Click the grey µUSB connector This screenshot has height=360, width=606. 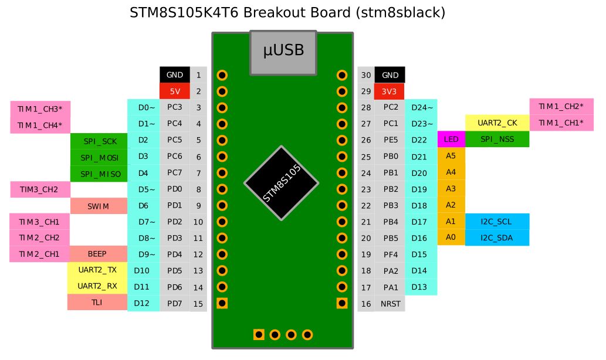coord(283,52)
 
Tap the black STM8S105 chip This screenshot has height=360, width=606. coord(282,184)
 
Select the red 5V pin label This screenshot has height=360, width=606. coord(175,91)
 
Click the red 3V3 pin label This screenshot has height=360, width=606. coord(390,91)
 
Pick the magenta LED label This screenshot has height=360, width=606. coord(451,140)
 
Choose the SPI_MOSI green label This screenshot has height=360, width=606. coord(99,158)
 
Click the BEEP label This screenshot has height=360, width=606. coord(97,254)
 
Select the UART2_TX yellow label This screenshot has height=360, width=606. coord(97,270)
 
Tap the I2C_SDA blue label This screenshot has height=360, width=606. coord(497,237)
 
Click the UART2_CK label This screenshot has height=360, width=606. coord(497,123)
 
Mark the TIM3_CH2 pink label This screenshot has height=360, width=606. coord(39,189)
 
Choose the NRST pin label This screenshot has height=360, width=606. coord(390,304)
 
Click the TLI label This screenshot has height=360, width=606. coord(97,303)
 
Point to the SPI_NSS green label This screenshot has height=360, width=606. coord(497,140)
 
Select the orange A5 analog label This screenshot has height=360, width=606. coord(451,156)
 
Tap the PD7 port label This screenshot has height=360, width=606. coord(175,303)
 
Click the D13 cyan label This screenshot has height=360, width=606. coord(419,287)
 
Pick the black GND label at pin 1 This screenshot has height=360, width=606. coord(175,75)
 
